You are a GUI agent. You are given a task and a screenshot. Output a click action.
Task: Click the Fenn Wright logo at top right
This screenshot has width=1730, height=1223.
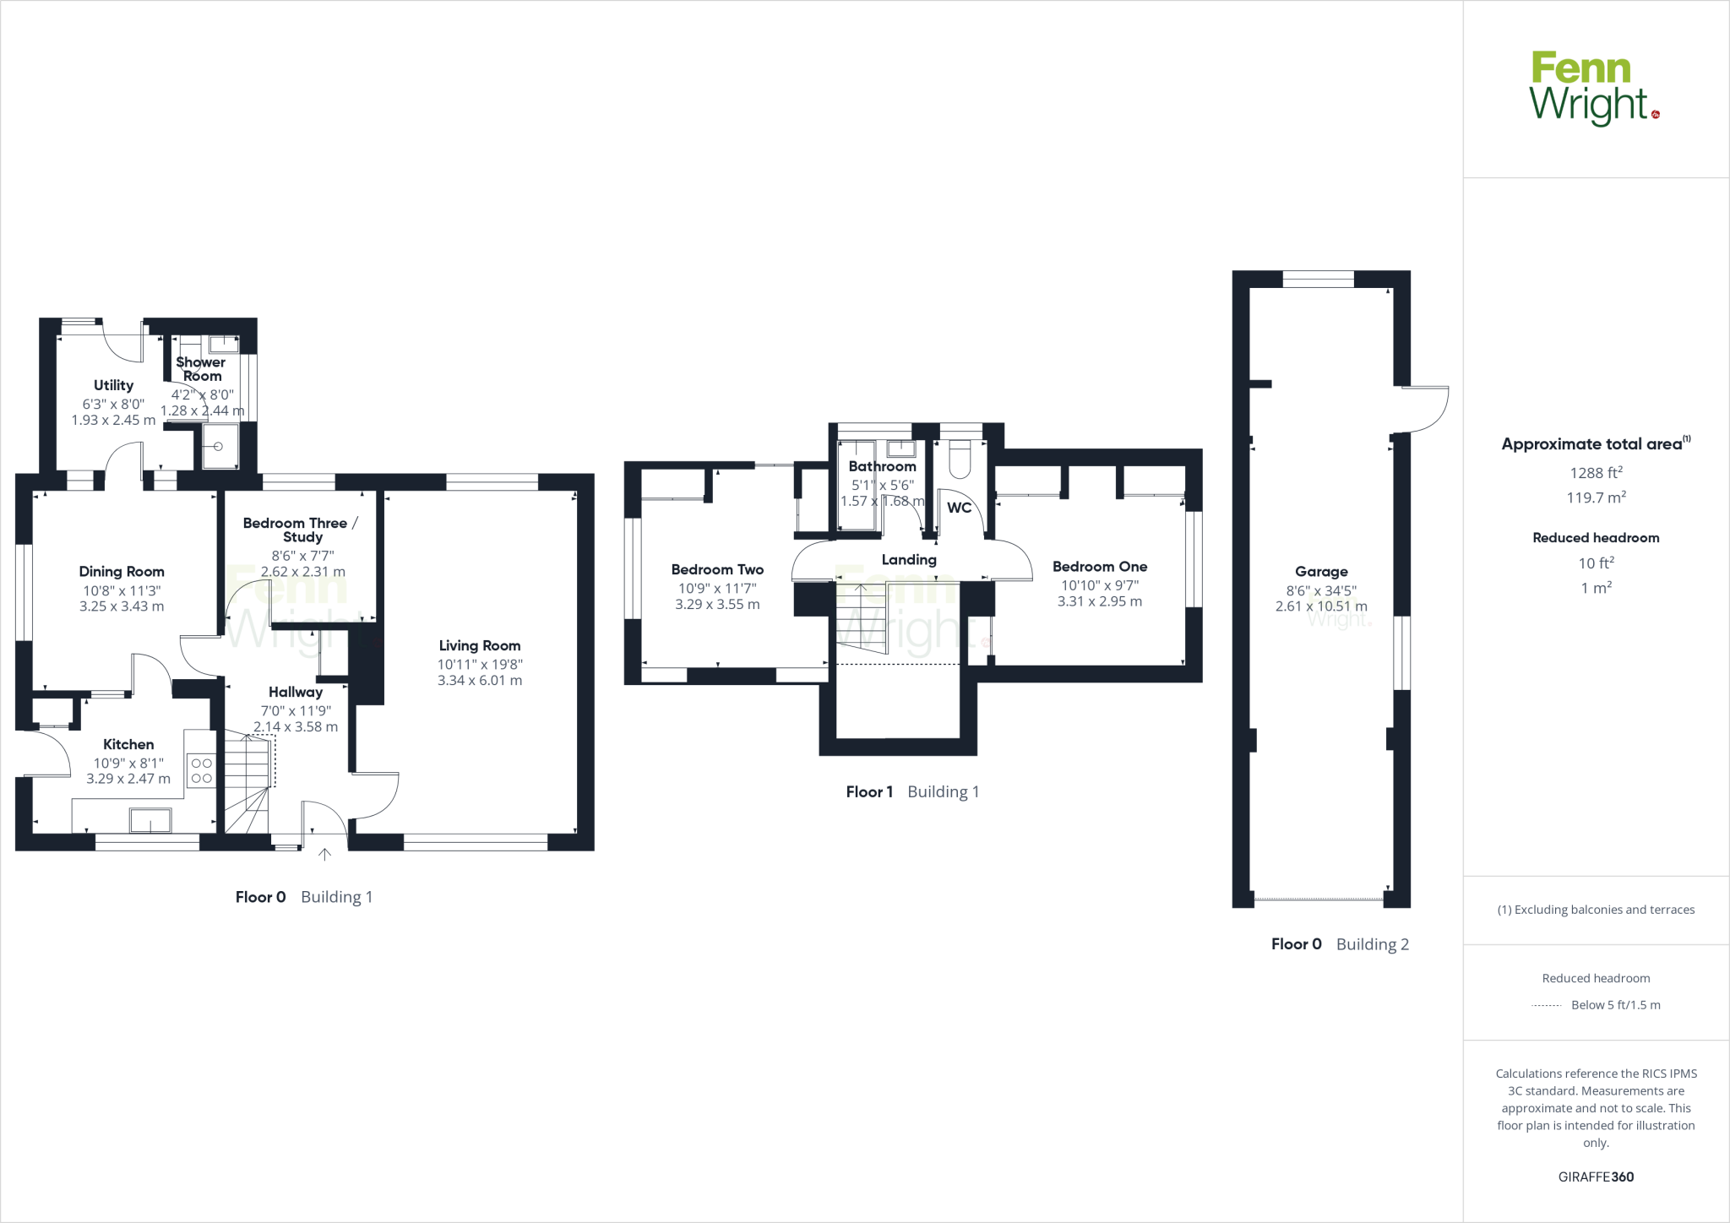(1593, 88)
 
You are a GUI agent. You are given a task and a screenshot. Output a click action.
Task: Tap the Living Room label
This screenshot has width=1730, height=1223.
(479, 646)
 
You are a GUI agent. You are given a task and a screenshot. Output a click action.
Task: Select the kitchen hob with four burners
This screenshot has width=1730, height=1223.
(201, 770)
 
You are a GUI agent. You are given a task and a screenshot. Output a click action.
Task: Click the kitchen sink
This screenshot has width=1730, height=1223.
(150, 820)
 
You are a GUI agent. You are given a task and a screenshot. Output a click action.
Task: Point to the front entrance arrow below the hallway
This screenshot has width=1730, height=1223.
(324, 855)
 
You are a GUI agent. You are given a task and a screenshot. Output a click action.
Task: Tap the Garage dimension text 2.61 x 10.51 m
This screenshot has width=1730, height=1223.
(1320, 606)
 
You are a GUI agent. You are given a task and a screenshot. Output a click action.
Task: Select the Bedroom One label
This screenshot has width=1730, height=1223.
(1099, 567)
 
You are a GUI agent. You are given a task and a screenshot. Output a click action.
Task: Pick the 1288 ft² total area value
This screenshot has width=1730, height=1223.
(1596, 473)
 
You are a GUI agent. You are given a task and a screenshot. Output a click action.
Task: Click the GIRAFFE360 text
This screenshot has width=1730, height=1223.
(1596, 1177)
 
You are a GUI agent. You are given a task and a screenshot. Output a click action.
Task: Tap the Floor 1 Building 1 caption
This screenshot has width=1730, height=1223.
(912, 791)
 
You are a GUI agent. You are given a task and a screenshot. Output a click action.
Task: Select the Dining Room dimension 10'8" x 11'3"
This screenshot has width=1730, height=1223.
(122, 591)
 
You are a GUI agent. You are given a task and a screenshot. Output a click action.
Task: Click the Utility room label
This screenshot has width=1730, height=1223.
(113, 385)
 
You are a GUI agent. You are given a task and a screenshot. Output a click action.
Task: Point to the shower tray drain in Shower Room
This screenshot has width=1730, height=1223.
(218, 447)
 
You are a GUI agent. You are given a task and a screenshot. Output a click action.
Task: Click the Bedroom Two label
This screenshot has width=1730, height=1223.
(717, 570)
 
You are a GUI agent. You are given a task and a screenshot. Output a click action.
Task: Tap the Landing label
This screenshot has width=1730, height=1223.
(909, 559)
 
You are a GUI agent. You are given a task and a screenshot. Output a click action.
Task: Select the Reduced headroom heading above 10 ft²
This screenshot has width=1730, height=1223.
(1596, 538)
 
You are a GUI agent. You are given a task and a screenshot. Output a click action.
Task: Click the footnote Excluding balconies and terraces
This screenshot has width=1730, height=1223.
(1596, 910)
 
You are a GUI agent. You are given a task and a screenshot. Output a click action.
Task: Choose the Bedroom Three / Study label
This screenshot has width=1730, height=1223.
(302, 530)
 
